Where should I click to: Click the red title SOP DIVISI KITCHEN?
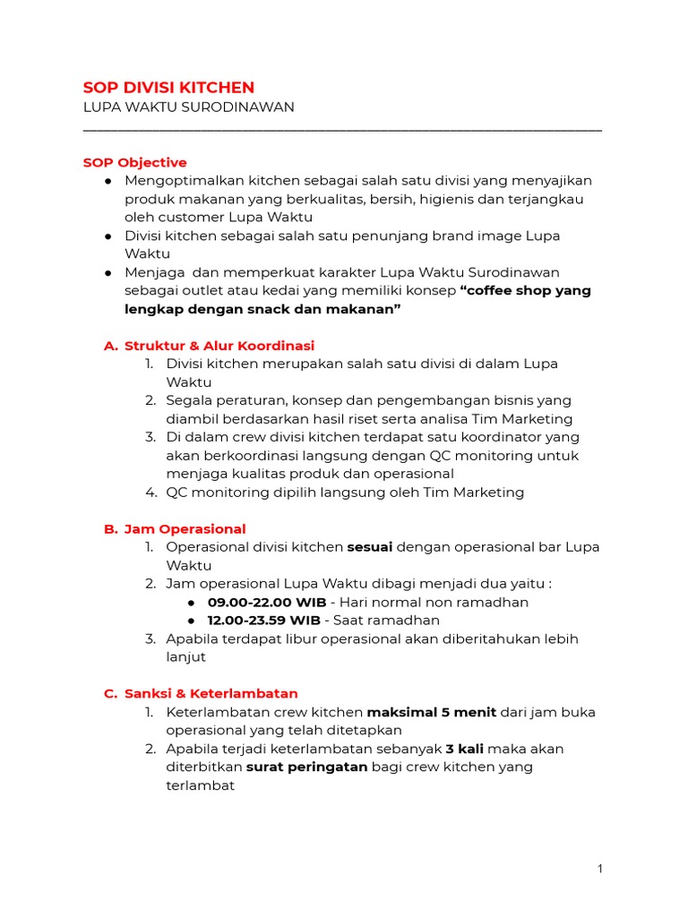click(x=168, y=87)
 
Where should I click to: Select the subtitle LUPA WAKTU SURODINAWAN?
click(x=188, y=107)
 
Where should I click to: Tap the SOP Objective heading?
click(x=134, y=162)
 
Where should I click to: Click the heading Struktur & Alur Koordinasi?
click(x=219, y=346)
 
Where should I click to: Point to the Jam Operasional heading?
click(x=185, y=529)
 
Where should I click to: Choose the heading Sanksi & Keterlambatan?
click(x=211, y=694)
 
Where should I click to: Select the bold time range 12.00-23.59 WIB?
click(x=263, y=621)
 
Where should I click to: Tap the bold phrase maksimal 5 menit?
click(x=420, y=713)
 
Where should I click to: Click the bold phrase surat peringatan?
click(x=306, y=767)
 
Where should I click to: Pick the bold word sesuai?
click(x=369, y=547)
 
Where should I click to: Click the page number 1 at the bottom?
click(x=600, y=869)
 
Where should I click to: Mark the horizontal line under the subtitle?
click(x=342, y=131)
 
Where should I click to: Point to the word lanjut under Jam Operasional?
click(x=185, y=657)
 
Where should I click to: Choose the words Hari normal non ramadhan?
click(x=431, y=602)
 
